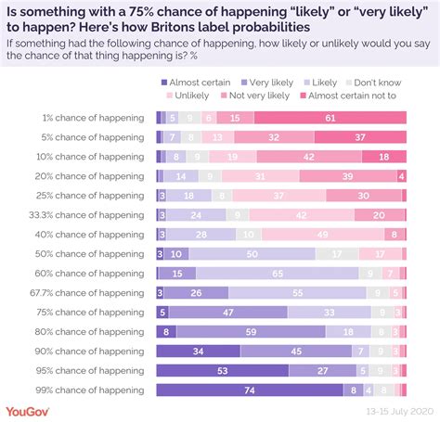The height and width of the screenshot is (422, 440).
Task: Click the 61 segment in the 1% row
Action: pyautogui.click(x=330, y=118)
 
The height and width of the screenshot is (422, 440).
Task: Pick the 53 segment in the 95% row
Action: pyautogui.click(x=223, y=370)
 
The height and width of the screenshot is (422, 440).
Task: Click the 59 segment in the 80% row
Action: pyautogui.click(x=251, y=331)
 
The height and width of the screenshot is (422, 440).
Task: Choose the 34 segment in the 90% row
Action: pyautogui.click(x=199, y=351)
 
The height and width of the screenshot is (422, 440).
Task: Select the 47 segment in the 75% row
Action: pyautogui.click(x=227, y=312)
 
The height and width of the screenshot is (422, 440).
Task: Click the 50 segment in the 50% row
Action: pyautogui.click(x=252, y=253)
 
